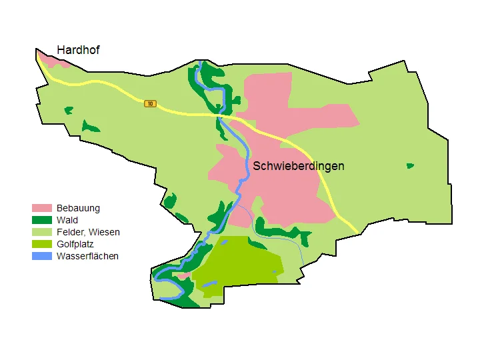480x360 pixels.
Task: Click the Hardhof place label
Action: click(78, 50)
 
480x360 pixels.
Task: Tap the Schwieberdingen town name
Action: click(298, 166)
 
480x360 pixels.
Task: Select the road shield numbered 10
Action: click(151, 103)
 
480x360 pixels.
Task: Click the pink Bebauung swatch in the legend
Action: click(42, 209)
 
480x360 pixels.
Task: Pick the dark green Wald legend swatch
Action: click(42, 221)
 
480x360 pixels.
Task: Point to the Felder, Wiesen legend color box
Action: click(42, 232)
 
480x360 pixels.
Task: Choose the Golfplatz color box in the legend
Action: click(42, 244)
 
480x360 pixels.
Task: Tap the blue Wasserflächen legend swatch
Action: click(42, 256)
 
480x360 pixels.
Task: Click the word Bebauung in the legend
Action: click(78, 209)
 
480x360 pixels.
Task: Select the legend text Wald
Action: click(67, 221)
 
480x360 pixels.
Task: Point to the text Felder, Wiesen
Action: click(88, 232)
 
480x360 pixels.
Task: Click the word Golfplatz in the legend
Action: click(75, 244)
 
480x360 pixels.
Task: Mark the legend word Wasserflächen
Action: click(87, 256)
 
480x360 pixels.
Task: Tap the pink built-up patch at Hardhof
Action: click(56, 61)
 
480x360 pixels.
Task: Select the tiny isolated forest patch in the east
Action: click(410, 165)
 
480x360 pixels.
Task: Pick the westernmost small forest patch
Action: click(68, 110)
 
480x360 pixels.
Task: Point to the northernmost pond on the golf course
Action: click(225, 242)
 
